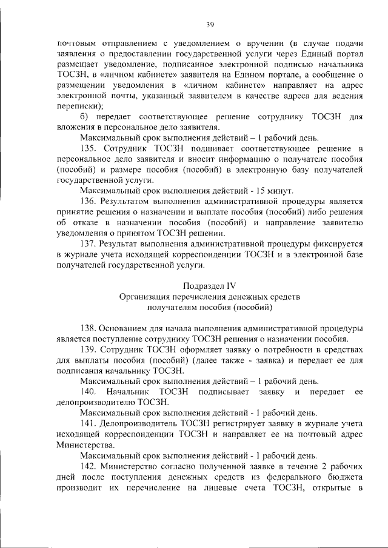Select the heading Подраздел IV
click(x=210, y=285)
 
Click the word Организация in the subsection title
click(x=146, y=297)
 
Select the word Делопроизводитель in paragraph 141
click(x=137, y=424)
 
